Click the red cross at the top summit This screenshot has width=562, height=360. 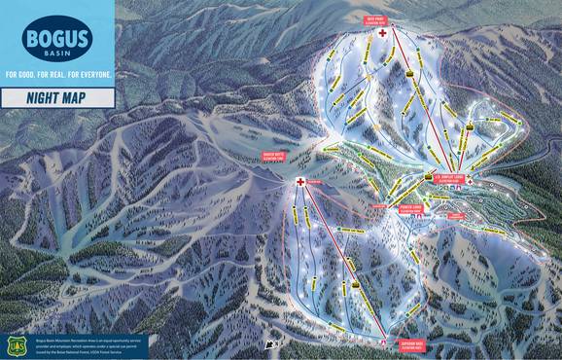(383, 34)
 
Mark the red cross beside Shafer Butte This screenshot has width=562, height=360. (301, 182)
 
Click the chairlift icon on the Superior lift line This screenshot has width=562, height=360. (356, 284)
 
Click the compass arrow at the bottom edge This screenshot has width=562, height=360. (269, 343)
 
